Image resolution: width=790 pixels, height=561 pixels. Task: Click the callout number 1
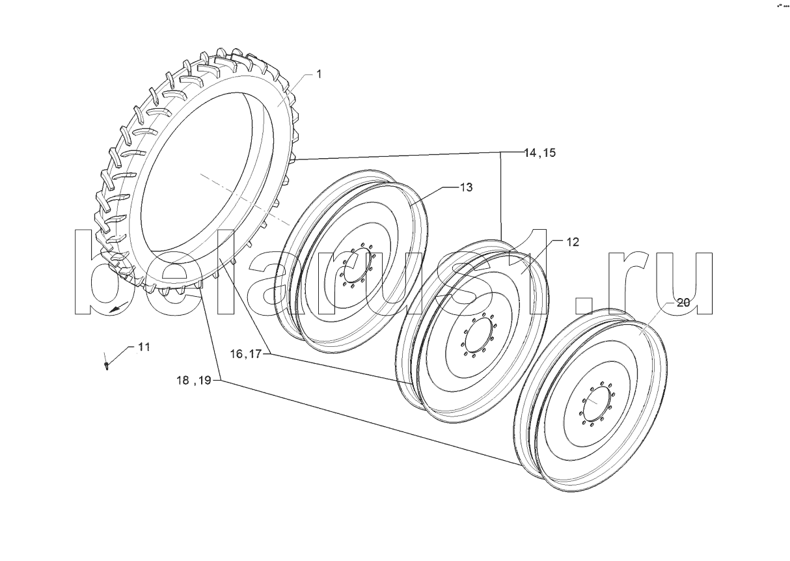(x=319, y=74)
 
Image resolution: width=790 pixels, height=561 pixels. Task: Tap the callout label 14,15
(x=539, y=153)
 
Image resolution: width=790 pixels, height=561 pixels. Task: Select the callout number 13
(x=466, y=187)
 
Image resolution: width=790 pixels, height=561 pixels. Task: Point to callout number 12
(x=573, y=242)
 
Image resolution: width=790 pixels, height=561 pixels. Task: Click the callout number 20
(x=683, y=303)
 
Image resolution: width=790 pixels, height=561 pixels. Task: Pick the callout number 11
(x=144, y=347)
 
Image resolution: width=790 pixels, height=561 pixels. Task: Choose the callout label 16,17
(x=246, y=353)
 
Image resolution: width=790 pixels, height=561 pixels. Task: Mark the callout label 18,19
(x=194, y=380)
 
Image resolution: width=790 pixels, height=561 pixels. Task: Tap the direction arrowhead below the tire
(x=115, y=309)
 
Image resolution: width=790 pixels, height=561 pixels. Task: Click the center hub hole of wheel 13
(x=357, y=264)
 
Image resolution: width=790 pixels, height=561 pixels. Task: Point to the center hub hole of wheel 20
(x=597, y=403)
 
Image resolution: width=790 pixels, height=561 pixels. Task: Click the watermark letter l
(x=225, y=271)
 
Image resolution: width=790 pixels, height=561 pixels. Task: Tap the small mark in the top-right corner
(x=783, y=5)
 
